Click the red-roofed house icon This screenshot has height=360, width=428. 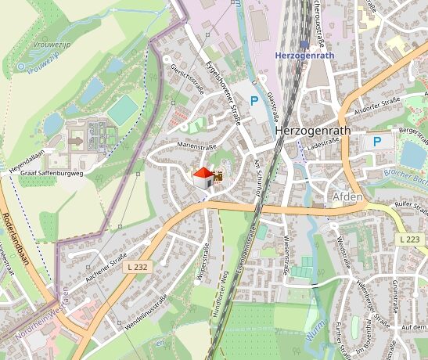(203, 177)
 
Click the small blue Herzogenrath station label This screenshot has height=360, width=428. (305, 56)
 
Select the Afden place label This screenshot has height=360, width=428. (347, 196)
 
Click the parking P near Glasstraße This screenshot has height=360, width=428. (254, 101)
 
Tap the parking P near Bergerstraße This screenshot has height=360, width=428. (377, 142)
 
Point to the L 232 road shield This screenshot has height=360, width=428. (135, 267)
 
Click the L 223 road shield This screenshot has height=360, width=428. (408, 239)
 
